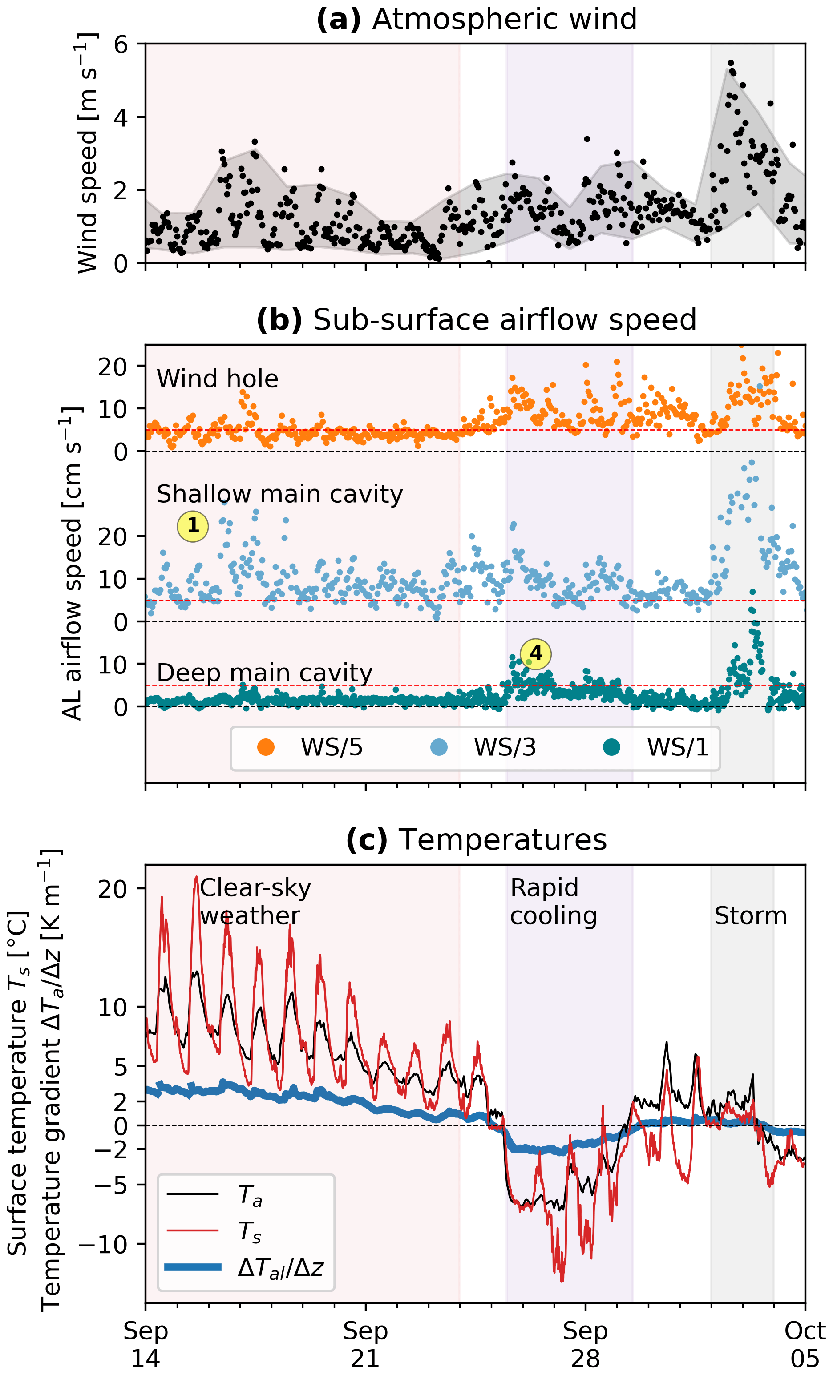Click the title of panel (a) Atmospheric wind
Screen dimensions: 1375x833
tap(476, 19)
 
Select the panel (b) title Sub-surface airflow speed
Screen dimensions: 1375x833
tap(476, 320)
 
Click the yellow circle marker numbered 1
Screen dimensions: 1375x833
tap(193, 526)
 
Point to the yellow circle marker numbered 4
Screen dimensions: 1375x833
tap(535, 653)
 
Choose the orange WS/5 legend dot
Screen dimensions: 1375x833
tap(266, 747)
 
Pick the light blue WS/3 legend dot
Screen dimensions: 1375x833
tap(439, 747)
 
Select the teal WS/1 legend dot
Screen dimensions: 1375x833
tap(612, 747)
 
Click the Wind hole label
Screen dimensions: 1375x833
tap(217, 379)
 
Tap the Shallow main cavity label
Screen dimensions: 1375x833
tap(279, 494)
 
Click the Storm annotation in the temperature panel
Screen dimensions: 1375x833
tap(750, 916)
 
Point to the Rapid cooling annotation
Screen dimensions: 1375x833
tap(553, 902)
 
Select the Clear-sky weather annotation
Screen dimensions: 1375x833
tap(255, 902)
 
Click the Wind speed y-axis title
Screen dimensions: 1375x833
tap(88, 153)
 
